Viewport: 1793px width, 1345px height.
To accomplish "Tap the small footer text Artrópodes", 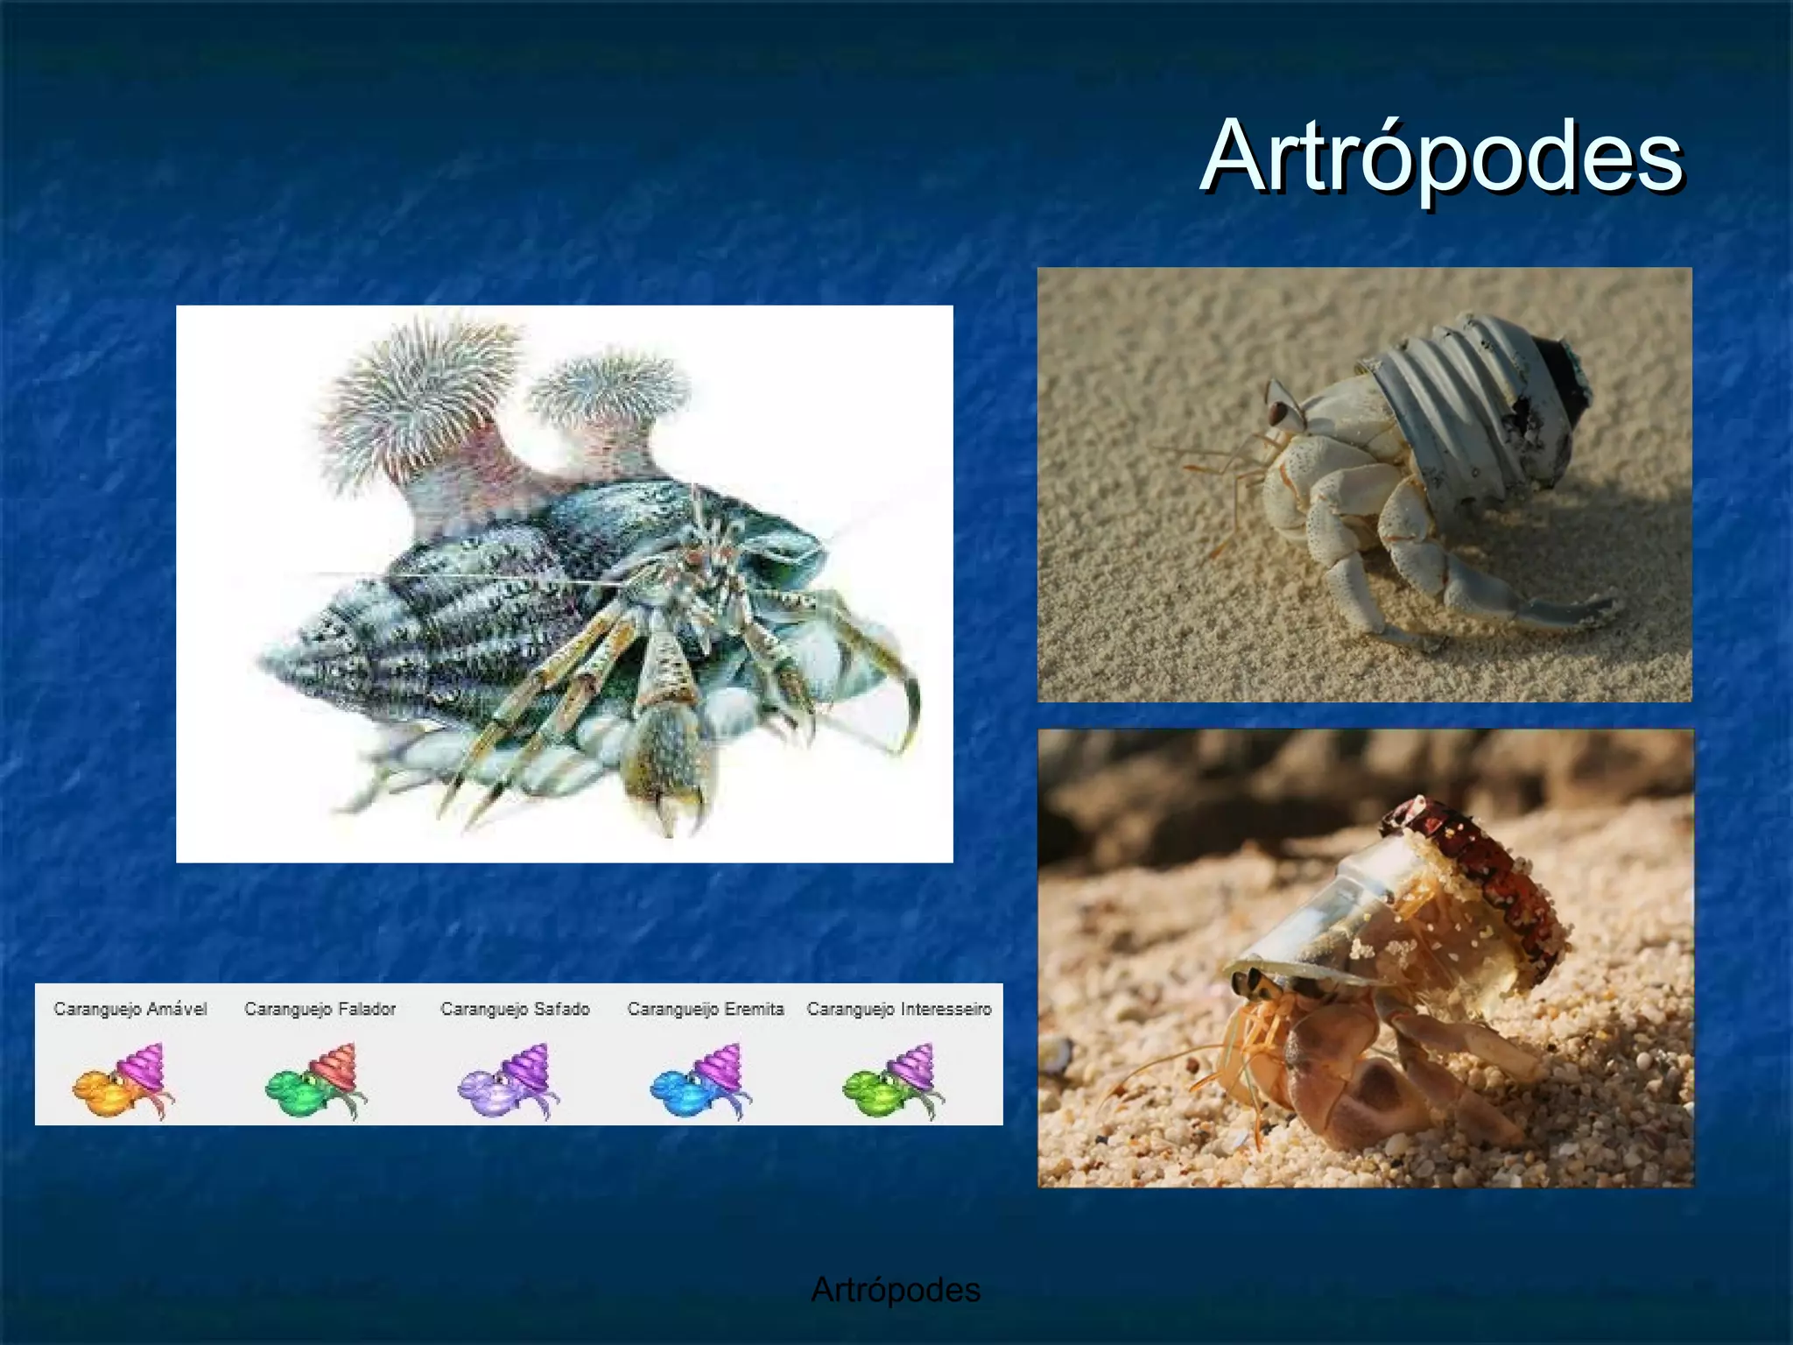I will [895, 1289].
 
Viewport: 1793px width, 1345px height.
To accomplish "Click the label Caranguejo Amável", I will [130, 1009].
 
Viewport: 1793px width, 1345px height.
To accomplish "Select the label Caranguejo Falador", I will [320, 1009].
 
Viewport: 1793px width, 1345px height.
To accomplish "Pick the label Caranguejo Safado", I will [515, 1009].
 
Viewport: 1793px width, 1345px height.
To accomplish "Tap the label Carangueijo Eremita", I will [706, 1009].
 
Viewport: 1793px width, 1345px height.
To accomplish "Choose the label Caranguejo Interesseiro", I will [899, 1009].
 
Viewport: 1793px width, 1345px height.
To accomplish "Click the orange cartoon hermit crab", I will [123, 1081].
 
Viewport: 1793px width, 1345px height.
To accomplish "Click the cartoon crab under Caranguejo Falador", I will [315, 1081].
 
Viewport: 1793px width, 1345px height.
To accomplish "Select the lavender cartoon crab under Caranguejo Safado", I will [508, 1081].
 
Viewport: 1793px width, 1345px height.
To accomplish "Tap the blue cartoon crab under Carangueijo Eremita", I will [700, 1081].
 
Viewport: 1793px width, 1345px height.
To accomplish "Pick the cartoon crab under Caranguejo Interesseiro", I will [893, 1081].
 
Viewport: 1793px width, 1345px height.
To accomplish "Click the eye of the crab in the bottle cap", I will [1280, 409].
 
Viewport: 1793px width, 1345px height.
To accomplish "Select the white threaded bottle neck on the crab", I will [1436, 394].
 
